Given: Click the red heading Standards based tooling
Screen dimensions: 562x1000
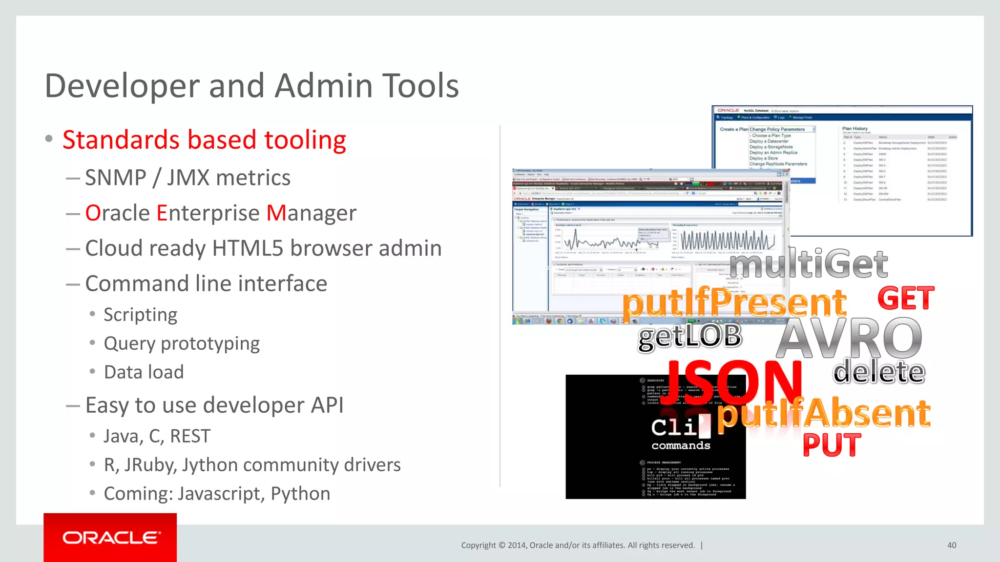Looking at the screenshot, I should [x=204, y=140].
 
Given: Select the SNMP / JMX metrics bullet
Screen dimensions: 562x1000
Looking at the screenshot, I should [x=187, y=178].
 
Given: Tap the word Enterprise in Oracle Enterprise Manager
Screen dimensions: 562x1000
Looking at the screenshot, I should [x=208, y=213].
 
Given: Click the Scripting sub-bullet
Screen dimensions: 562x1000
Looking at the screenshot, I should [x=140, y=315].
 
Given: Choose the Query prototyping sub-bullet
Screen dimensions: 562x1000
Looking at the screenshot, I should [x=182, y=343].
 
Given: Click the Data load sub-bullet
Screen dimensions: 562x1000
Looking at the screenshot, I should [x=144, y=372].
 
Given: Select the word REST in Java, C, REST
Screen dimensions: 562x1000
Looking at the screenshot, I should [x=190, y=436].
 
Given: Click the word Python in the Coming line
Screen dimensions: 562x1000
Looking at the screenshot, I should [x=300, y=494].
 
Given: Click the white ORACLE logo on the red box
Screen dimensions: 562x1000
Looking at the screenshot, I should [x=111, y=538].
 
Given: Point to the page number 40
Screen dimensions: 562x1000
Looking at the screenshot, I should [x=951, y=545].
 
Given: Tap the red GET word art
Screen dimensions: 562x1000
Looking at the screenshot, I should [x=906, y=299].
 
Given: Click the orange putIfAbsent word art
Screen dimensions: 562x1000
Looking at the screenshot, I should [x=823, y=414].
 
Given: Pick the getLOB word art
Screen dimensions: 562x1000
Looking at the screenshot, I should [x=689, y=337].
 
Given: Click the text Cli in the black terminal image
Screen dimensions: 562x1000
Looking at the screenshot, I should [x=674, y=427].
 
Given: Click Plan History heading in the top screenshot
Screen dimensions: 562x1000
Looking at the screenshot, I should [x=854, y=129].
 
